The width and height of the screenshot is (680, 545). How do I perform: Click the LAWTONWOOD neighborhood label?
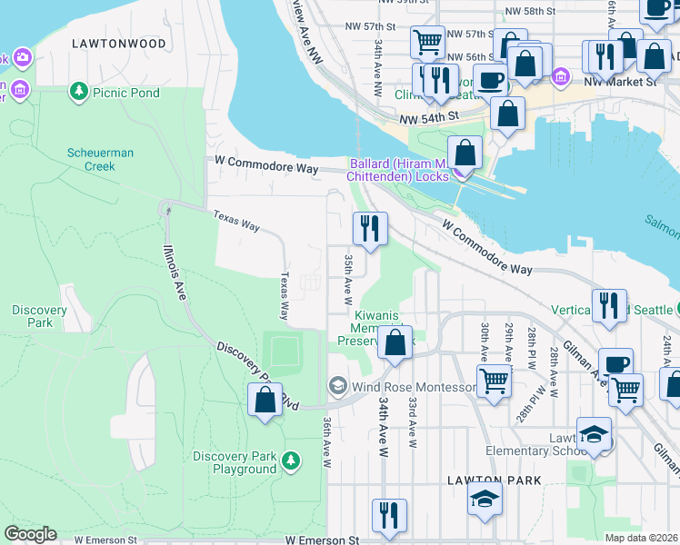tap(121, 44)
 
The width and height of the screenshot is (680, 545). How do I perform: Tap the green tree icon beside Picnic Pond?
tap(79, 92)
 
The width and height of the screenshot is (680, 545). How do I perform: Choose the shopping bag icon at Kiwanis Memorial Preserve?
tap(395, 342)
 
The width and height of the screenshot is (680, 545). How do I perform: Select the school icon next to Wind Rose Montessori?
tap(337, 387)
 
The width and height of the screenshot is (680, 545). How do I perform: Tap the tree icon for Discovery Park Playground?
tap(291, 462)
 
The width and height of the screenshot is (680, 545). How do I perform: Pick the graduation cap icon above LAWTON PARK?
tap(485, 499)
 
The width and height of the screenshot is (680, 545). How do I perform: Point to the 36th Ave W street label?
tap(325, 442)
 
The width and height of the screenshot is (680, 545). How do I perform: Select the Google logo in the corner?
tap(30, 534)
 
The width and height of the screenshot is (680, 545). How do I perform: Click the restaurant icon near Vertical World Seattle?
tap(610, 305)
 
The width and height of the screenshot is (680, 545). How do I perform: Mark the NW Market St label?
tap(620, 81)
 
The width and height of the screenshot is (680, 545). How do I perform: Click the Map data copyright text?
tap(640, 538)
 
